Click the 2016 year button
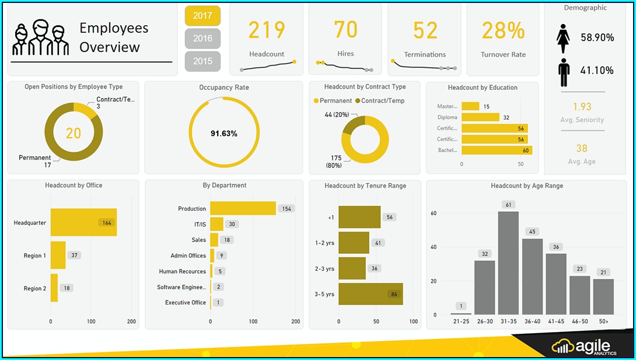pyautogui.click(x=202, y=39)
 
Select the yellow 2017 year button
pyautogui.click(x=202, y=16)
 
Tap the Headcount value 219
pyautogui.click(x=267, y=30)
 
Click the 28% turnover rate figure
pyautogui.click(x=503, y=30)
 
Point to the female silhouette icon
pyautogui.click(x=563, y=38)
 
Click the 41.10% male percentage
pyautogui.click(x=597, y=71)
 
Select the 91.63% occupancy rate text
pyautogui.click(x=223, y=134)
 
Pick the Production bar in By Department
pyautogui.click(x=243, y=208)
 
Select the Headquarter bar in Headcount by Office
pyautogui.click(x=83, y=222)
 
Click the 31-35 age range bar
pyautogui.click(x=508, y=263)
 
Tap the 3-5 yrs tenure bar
pyautogui.click(x=370, y=294)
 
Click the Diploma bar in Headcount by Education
pyautogui.click(x=480, y=117)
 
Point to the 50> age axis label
pyautogui.click(x=603, y=321)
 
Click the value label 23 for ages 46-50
pyautogui.click(x=579, y=269)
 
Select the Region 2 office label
pyautogui.click(x=34, y=289)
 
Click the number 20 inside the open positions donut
pyautogui.click(x=73, y=134)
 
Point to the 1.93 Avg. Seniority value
pyautogui.click(x=582, y=107)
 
